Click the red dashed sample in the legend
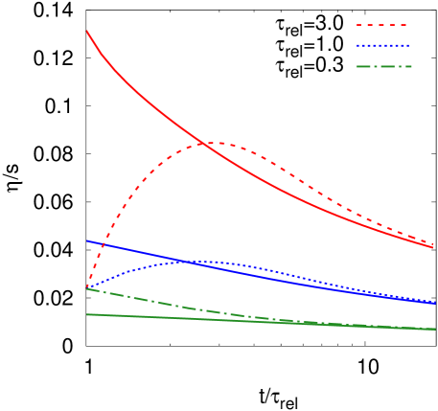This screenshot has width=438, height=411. tap(381, 25)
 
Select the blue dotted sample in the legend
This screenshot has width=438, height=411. tap(381, 45)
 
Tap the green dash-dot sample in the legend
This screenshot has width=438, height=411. tap(381, 66)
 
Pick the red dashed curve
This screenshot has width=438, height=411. tap(144, 178)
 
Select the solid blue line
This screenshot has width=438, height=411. tap(288, 278)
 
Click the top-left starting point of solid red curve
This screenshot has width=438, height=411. tap(87, 32)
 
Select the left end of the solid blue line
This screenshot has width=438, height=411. tap(87, 240)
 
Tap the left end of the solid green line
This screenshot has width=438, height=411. tap(87, 314)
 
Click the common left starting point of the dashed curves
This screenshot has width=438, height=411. tap(87, 287)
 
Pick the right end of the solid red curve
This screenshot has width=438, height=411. tap(435, 248)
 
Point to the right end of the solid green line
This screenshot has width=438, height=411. tap(435, 329)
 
